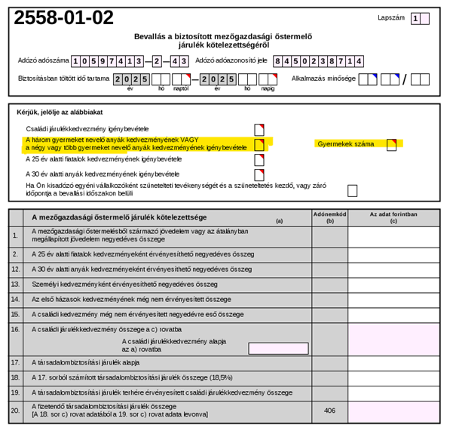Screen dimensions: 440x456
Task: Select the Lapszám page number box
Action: (x=425, y=19)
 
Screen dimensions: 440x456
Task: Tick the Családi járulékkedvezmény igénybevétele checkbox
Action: (x=259, y=129)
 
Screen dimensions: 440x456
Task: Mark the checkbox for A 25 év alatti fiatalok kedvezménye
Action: (x=259, y=160)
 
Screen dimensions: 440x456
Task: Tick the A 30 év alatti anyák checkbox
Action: (x=259, y=174)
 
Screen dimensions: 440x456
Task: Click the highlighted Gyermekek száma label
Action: (x=346, y=143)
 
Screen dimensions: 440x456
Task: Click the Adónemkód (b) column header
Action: (x=329, y=217)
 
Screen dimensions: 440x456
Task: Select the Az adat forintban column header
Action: (x=393, y=217)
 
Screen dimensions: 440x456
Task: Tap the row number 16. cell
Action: (x=15, y=329)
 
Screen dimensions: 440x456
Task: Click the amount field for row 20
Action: (x=393, y=412)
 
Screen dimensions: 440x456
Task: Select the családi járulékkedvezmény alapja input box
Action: (x=278, y=349)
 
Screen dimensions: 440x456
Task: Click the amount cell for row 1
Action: (x=393, y=236)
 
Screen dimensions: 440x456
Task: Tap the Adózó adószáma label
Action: (x=43, y=61)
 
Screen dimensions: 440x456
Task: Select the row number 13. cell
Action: (x=15, y=284)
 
